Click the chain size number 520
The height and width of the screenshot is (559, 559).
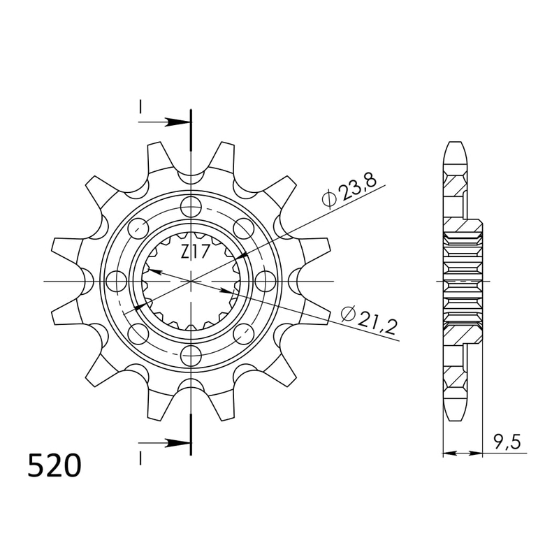coord(55,466)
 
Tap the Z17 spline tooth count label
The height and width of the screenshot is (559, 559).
coord(195,252)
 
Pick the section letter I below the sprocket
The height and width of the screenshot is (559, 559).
coord(140,458)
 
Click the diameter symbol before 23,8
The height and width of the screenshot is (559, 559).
coord(329,200)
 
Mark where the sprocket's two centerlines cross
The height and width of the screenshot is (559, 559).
coord(190,281)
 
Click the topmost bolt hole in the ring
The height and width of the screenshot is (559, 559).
coord(190,206)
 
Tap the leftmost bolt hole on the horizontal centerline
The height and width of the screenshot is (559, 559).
coord(115,281)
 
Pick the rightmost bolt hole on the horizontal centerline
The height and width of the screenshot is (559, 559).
coord(265,281)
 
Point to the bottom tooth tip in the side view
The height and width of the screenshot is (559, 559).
coord(454,416)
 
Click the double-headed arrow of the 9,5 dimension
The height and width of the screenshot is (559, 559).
coord(463,453)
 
